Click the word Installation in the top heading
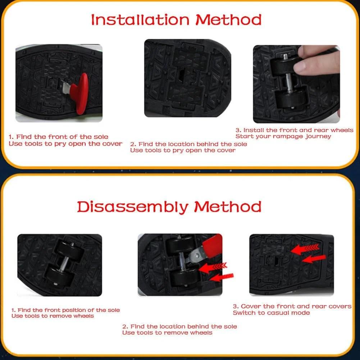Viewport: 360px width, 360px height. [140, 20]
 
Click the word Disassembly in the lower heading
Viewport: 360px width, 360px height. [132, 207]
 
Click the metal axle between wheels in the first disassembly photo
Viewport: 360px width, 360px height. [64, 264]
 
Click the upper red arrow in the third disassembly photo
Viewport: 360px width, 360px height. [305, 249]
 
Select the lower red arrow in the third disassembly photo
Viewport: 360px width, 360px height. [314, 259]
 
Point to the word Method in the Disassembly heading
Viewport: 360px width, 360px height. [228, 207]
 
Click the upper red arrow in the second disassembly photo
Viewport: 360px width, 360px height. [213, 267]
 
